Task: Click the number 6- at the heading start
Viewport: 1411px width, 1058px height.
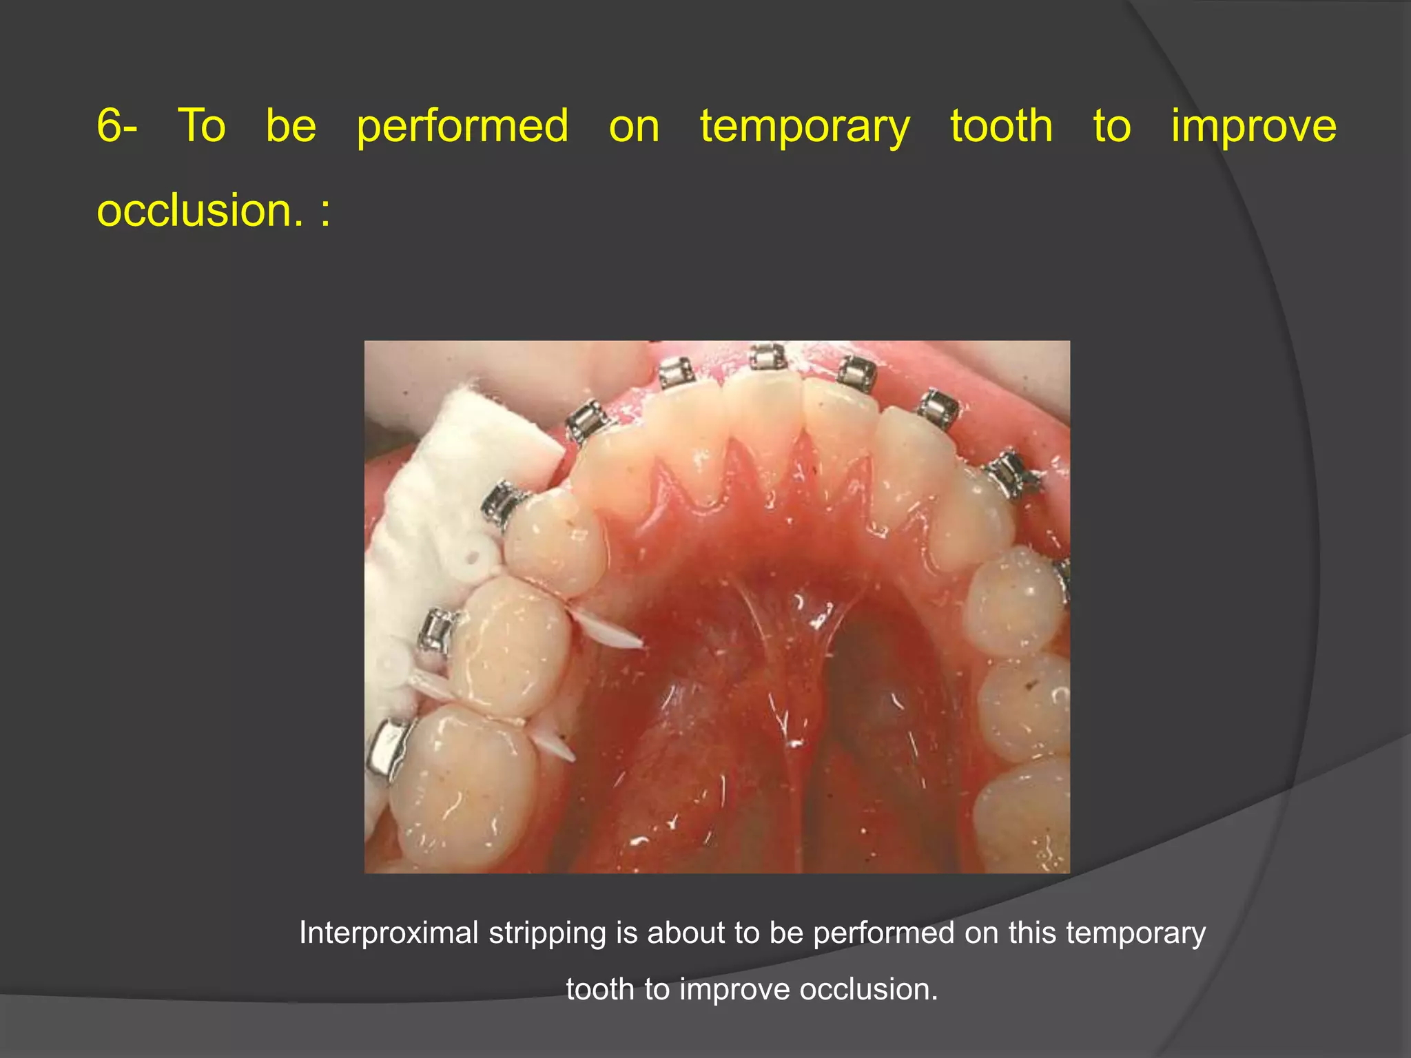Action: click(x=117, y=126)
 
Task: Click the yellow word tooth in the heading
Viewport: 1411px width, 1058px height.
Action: click(x=1001, y=126)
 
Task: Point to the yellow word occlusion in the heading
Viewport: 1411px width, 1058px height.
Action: click(x=199, y=209)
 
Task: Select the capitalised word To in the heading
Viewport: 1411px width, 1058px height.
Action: click(x=202, y=126)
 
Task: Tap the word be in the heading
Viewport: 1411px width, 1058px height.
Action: click(x=291, y=126)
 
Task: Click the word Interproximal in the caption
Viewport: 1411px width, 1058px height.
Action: click(x=389, y=933)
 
